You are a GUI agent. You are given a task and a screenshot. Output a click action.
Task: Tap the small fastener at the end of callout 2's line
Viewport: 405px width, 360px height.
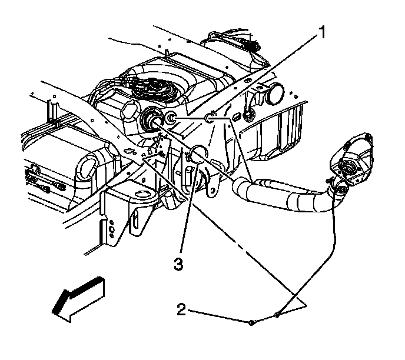[251, 322]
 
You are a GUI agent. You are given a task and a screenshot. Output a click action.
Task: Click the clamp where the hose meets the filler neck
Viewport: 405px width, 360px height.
[337, 188]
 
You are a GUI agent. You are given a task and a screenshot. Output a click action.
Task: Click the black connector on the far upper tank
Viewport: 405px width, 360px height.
[250, 45]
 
